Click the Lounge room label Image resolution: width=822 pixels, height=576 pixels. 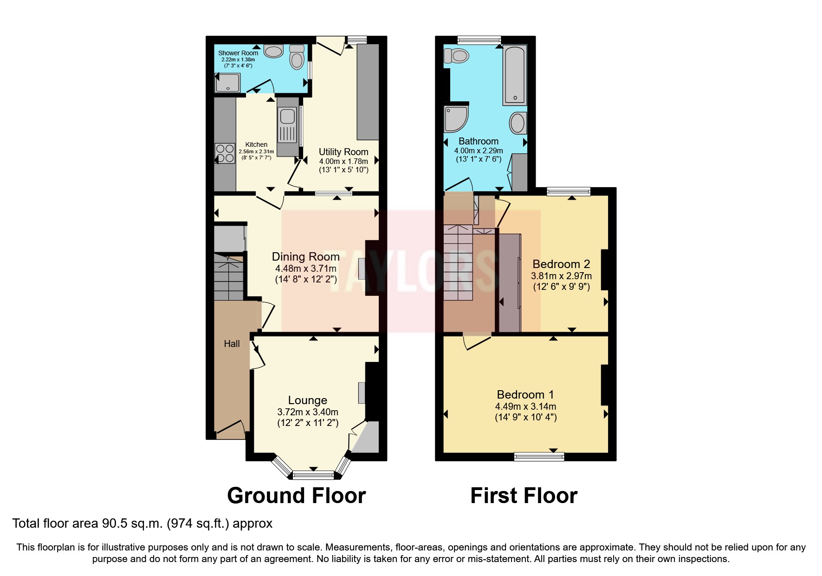307,400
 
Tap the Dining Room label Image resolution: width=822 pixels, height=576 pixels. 305,256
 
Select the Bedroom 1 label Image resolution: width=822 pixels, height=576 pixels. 525,394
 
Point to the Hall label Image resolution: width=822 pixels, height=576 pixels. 232,344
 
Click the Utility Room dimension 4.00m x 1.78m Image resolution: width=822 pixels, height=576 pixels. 343,161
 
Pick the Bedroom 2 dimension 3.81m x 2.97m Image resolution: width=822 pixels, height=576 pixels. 561,275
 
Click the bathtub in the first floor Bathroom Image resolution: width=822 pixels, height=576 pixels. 514,74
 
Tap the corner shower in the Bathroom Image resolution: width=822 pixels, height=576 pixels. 454,118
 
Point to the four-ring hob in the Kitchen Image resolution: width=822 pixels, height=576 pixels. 225,154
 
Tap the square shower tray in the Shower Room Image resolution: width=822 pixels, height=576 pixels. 227,83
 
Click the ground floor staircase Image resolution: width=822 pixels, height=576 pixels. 228,277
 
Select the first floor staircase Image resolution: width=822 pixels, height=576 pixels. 458,262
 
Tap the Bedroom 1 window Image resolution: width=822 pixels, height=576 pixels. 539,457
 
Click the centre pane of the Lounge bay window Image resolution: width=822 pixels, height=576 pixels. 313,475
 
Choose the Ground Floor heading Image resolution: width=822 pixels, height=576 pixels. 296,496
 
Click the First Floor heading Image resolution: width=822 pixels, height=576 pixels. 524,496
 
